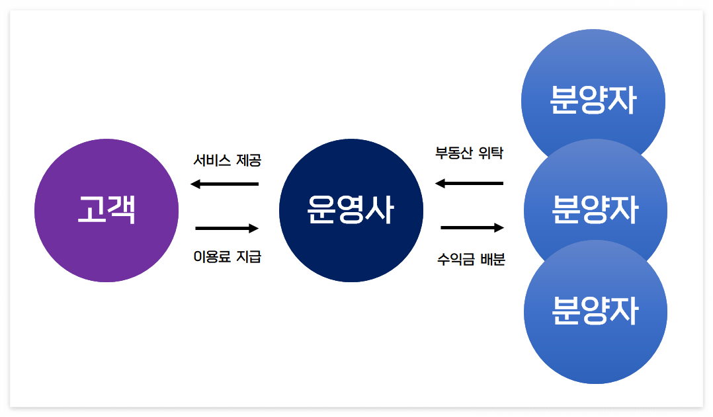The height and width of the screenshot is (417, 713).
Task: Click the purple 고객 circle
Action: pos(106,210)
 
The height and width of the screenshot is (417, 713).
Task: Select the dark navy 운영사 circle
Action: pos(351,210)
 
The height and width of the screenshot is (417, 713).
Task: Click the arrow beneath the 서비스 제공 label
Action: pos(225,184)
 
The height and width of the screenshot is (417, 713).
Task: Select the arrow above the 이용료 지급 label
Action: pos(227,229)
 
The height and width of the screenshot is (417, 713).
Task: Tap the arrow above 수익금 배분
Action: pos(472,228)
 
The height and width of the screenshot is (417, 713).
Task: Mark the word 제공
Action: pos(249,161)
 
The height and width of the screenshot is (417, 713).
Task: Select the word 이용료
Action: pos(212,257)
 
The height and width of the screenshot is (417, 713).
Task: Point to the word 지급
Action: pos(249,257)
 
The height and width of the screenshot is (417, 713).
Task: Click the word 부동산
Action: pos(451,153)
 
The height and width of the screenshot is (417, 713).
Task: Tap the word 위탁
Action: pos(490,153)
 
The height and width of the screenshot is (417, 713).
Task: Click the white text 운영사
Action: pos(351,210)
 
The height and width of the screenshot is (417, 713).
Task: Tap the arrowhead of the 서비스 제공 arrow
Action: pos(196,184)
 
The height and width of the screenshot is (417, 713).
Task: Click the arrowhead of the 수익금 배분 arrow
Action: pos(499,228)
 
